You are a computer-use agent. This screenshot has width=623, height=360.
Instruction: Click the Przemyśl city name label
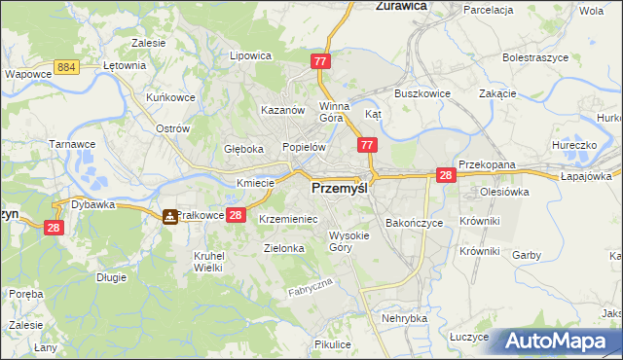coord(339,191)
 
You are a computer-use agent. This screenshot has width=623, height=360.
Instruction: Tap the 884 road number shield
coord(67,66)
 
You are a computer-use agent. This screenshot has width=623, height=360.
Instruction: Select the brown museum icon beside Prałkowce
coord(170,216)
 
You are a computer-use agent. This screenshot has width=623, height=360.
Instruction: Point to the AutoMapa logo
coord(561,342)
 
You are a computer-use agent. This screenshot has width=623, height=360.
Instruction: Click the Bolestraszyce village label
coord(534,58)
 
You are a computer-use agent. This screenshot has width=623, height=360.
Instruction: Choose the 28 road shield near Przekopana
coord(446,175)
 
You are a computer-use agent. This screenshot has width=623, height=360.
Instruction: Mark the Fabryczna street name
coord(311,287)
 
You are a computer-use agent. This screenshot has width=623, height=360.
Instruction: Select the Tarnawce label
coord(70,143)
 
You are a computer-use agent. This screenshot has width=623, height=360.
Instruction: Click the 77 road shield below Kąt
coord(367,145)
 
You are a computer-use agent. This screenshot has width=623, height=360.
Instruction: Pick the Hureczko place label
coord(573,144)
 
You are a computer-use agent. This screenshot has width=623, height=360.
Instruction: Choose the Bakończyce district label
coord(415,223)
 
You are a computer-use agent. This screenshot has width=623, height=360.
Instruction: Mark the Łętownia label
coord(124,66)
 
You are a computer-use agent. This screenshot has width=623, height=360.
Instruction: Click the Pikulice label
coord(333,344)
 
